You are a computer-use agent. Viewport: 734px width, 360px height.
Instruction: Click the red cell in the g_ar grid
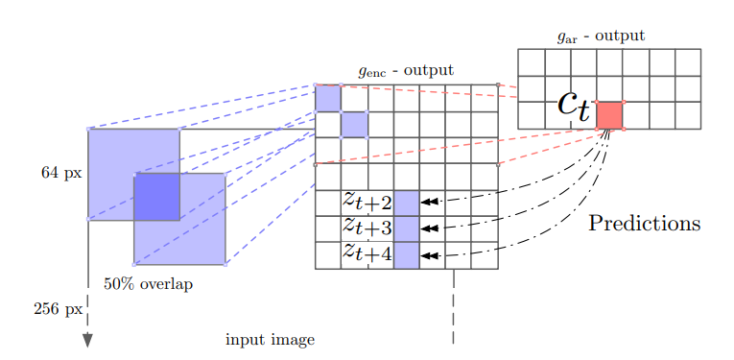click(x=609, y=115)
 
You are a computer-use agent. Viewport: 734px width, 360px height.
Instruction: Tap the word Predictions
click(x=644, y=224)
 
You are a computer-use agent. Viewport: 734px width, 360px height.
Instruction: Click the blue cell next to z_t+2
click(x=406, y=203)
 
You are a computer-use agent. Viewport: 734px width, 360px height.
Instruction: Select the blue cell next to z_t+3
click(x=406, y=228)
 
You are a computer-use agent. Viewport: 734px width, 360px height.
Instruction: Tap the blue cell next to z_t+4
click(x=406, y=254)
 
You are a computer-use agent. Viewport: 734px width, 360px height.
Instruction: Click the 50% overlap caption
click(x=148, y=284)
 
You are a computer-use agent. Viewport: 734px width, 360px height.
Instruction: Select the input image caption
click(x=270, y=340)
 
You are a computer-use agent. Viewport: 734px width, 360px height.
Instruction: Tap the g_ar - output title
click(x=601, y=36)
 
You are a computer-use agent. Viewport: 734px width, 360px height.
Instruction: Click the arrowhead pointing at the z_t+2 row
click(x=428, y=202)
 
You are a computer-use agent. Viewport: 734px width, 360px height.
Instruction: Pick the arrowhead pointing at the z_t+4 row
click(x=428, y=255)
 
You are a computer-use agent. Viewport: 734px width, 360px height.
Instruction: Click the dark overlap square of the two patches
click(x=156, y=197)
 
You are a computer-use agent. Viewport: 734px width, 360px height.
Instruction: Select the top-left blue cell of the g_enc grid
click(x=328, y=98)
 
